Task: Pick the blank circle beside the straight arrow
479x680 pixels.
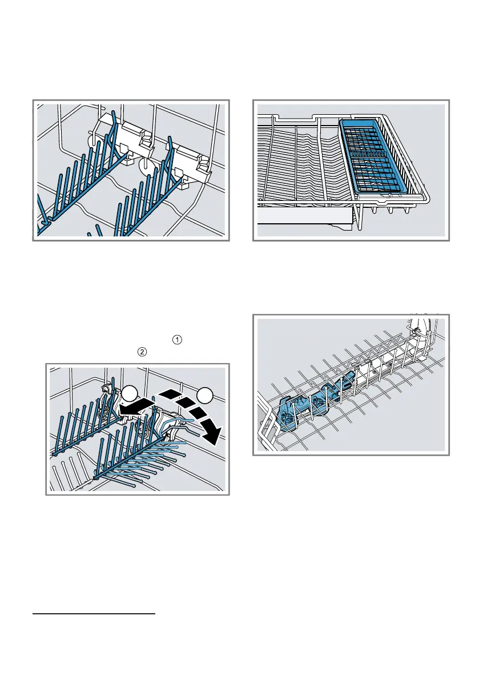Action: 128,393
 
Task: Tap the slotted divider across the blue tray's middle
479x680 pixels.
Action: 374,153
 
